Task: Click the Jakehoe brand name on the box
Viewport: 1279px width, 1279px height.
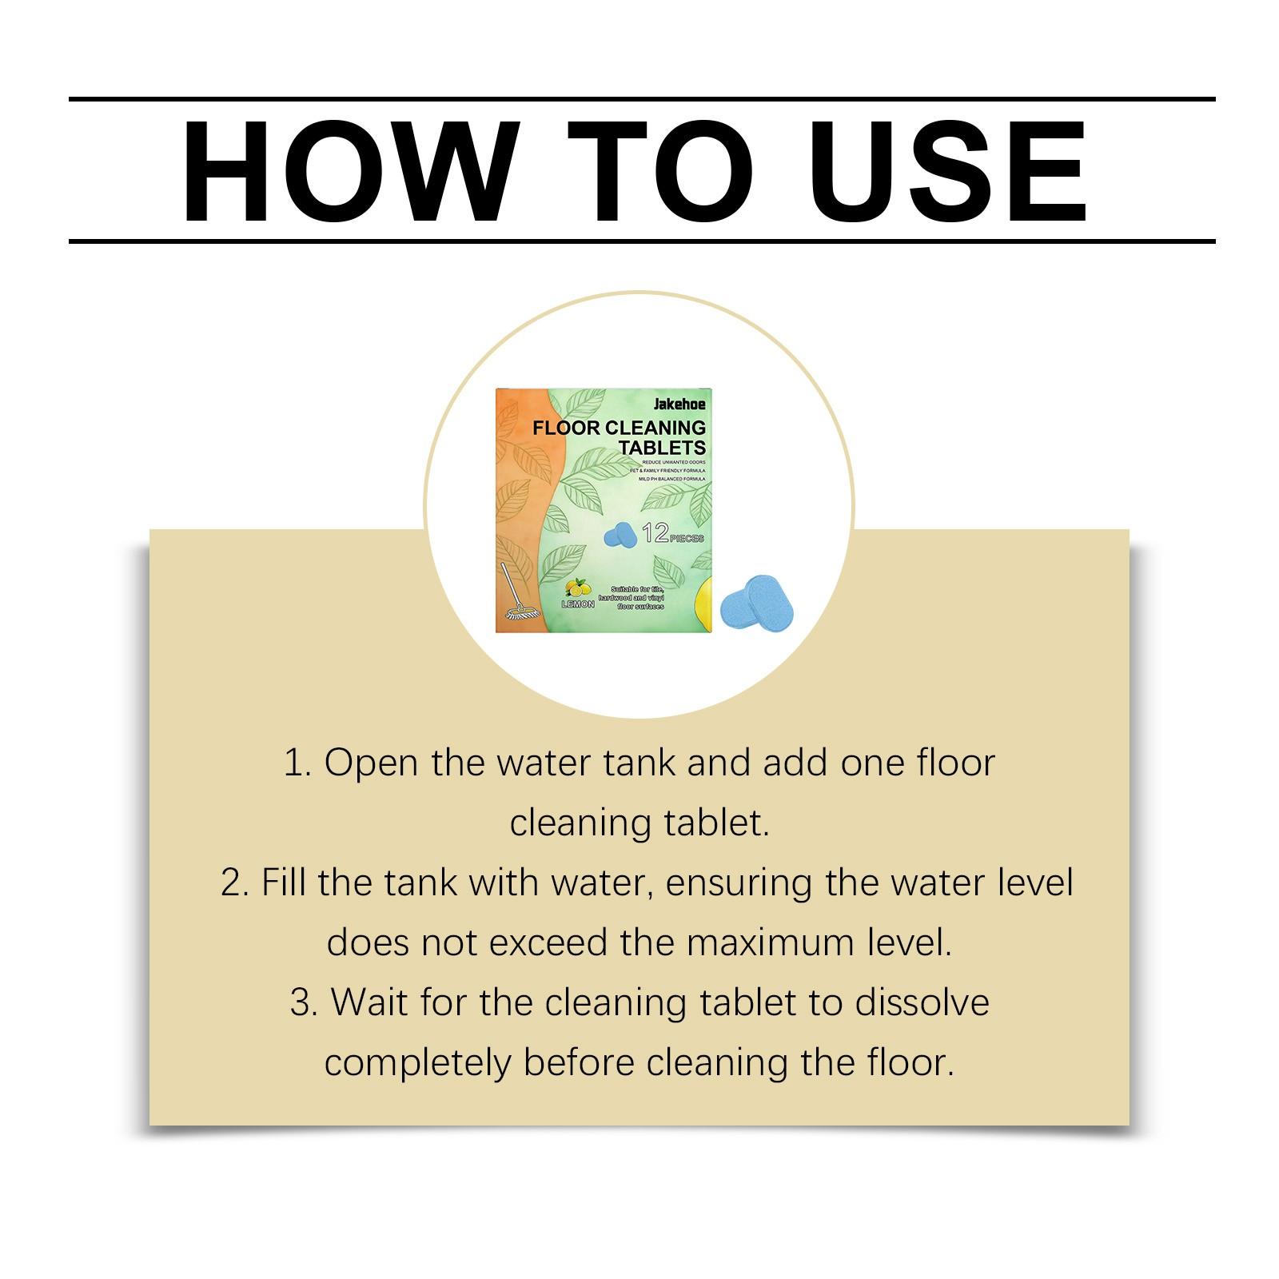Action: [x=679, y=404]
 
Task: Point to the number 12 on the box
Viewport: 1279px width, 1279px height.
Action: [x=655, y=533]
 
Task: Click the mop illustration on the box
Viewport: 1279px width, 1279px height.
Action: [x=519, y=595]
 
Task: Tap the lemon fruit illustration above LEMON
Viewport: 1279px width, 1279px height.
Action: [x=576, y=588]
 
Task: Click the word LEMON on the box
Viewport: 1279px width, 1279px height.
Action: [x=578, y=604]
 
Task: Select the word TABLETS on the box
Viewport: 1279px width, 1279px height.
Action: [x=662, y=447]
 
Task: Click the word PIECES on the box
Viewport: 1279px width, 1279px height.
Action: [x=687, y=538]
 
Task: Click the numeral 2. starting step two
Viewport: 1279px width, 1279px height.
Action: [x=235, y=883]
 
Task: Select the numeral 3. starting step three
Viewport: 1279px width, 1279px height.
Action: [x=304, y=1003]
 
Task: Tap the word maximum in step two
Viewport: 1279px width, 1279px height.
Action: [x=772, y=943]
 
